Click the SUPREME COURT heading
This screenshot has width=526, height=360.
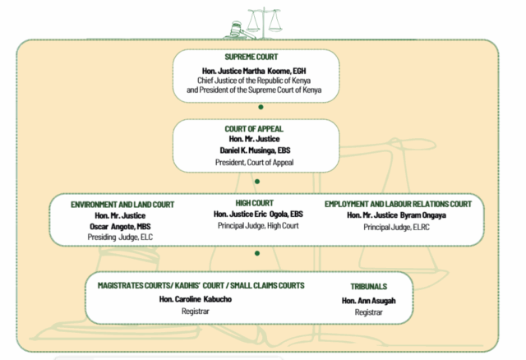click(x=251, y=57)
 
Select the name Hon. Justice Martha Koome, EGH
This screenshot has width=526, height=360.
click(x=254, y=72)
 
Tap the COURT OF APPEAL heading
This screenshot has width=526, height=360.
click(x=254, y=129)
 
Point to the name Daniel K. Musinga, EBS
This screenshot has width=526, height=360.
click(x=255, y=150)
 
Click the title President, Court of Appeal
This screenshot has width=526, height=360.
click(x=254, y=163)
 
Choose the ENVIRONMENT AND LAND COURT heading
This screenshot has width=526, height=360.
click(x=122, y=205)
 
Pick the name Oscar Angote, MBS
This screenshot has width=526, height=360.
click(x=120, y=227)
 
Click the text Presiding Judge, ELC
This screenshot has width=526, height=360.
click(x=120, y=238)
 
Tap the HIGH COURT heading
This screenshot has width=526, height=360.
click(x=254, y=203)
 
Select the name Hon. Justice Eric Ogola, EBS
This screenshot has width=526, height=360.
click(x=258, y=214)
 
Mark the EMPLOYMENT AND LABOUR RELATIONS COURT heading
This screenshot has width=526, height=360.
click(x=398, y=204)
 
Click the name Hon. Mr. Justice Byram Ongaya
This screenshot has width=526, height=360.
click(x=396, y=215)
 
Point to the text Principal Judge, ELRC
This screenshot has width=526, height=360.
click(x=396, y=228)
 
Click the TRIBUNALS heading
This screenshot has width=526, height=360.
click(x=369, y=287)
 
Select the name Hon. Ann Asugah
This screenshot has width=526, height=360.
click(x=369, y=301)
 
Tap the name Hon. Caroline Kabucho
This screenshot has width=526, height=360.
click(x=196, y=299)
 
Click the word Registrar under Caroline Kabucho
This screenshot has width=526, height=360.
click(x=196, y=312)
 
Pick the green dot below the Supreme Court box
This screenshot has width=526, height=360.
click(x=261, y=107)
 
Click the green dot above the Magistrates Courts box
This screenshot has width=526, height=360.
click(x=257, y=253)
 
